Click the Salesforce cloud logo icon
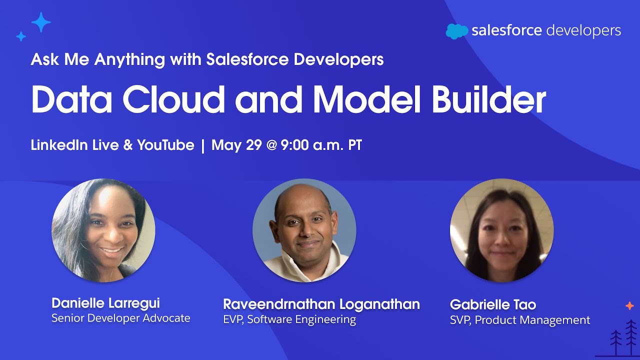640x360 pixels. click(456, 31)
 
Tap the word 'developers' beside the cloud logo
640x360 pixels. click(583, 31)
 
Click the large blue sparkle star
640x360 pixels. click(41, 22)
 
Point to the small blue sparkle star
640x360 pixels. click(21, 36)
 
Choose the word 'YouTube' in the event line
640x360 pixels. click(165, 145)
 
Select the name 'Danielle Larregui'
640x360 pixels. click(105, 303)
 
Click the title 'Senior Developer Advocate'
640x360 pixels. click(120, 318)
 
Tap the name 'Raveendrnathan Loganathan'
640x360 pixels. click(321, 304)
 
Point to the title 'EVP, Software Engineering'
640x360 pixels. click(289, 319)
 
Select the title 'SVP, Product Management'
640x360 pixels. click(520, 320)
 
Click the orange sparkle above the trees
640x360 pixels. click(629, 305)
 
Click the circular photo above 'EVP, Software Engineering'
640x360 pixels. click(304, 230)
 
